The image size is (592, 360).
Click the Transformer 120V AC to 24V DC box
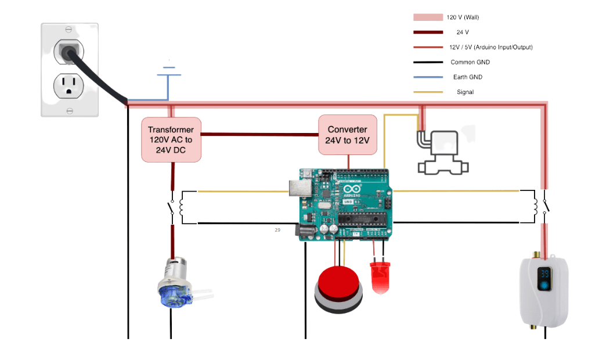click(x=171, y=139)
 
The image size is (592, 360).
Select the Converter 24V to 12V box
click(x=348, y=135)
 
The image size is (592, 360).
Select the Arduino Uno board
click(x=346, y=204)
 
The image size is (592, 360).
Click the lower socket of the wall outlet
click(x=69, y=86)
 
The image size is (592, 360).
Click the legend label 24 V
click(x=463, y=33)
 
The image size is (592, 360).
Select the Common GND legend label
click(x=470, y=62)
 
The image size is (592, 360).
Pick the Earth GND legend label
click(x=467, y=77)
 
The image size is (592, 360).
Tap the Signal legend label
click(x=465, y=92)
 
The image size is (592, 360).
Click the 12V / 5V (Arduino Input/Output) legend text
click(x=491, y=47)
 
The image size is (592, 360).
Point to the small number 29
click(x=277, y=230)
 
